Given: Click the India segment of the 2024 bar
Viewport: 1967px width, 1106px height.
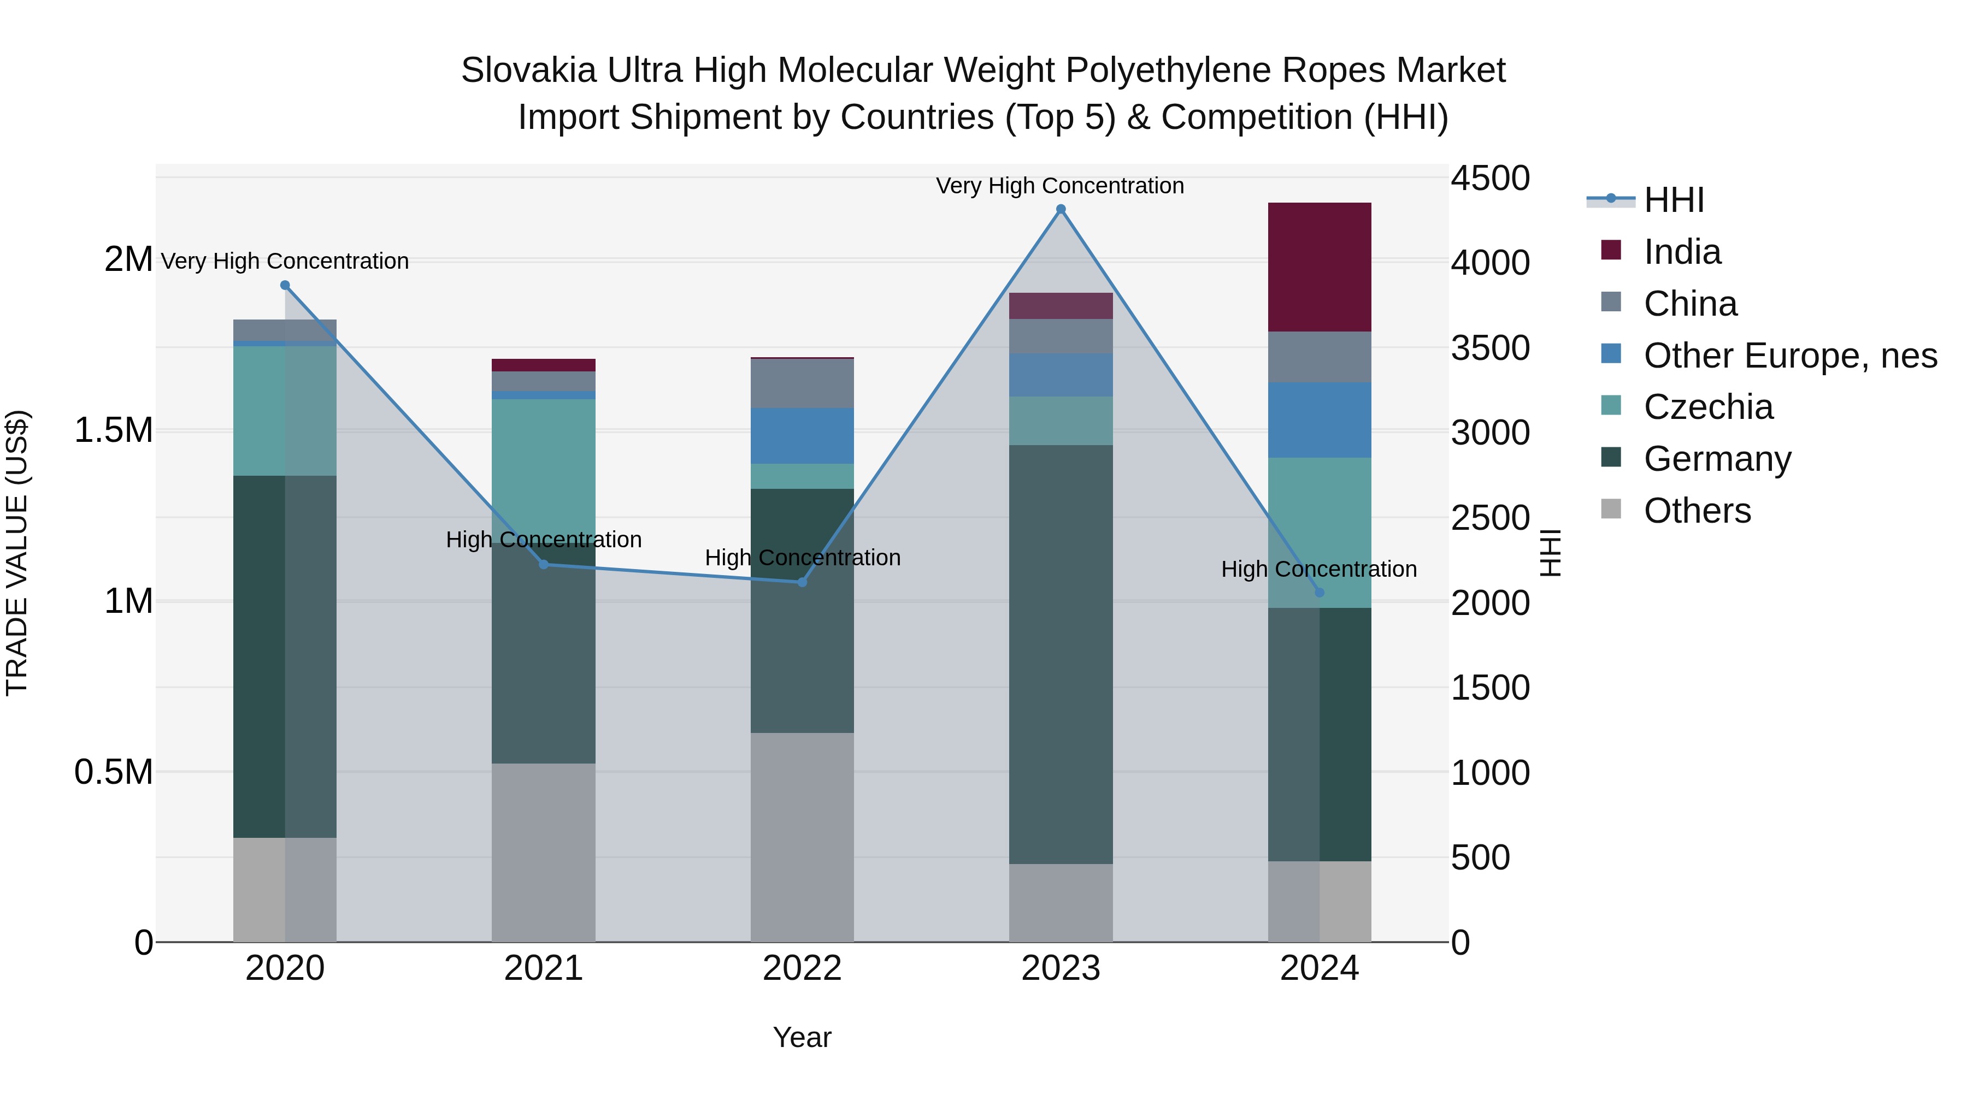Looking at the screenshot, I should click(1319, 267).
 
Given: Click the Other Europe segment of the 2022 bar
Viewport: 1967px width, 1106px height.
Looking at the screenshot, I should click(802, 435).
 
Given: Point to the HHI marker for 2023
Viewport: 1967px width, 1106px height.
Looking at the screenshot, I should click(1061, 209).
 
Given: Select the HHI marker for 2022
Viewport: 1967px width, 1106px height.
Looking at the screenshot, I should click(802, 582).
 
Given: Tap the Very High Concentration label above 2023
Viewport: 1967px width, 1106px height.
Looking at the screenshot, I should click(1060, 186).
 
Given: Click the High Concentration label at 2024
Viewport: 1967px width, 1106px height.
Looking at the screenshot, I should click(1319, 569).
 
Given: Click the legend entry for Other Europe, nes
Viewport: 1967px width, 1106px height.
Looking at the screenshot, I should click(1789, 356).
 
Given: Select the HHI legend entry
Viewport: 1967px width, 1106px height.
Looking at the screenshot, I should click(1673, 200).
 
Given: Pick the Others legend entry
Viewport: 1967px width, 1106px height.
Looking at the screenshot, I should click(1697, 511).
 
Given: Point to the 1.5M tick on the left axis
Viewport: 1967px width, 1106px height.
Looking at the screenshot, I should click(113, 430).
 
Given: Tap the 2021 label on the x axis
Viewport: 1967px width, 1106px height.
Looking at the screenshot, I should click(543, 968).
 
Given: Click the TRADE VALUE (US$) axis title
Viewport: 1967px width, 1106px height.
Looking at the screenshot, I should click(17, 553).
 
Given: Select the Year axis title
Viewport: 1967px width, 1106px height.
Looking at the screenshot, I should click(802, 1037).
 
